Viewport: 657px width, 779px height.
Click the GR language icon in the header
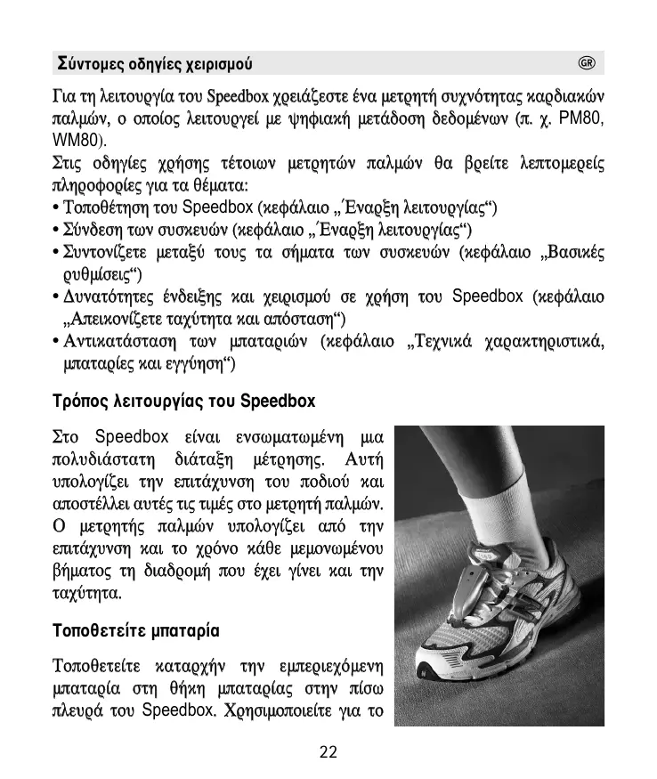[586, 63]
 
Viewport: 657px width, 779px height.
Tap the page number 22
[328, 752]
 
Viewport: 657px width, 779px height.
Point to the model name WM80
[74, 141]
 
